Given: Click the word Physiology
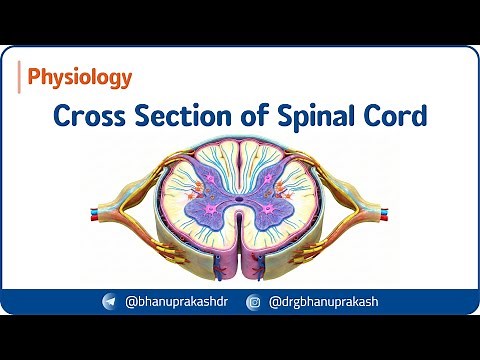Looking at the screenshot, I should coord(80,76).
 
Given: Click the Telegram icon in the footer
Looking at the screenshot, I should coord(109,300).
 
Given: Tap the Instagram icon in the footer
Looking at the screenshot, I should coord(253,300).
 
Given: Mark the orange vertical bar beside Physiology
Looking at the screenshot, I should coord(20,76).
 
